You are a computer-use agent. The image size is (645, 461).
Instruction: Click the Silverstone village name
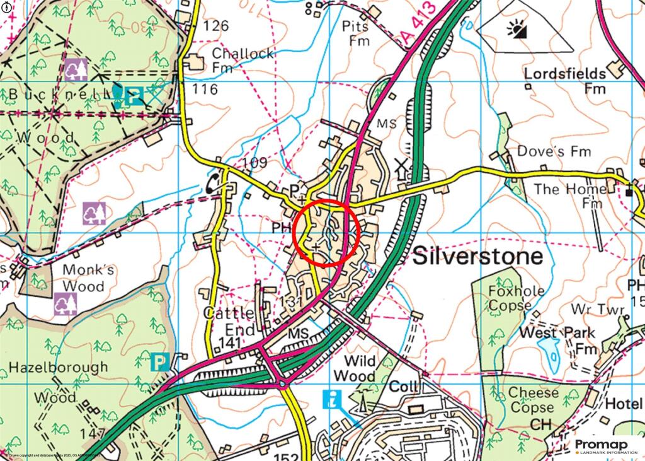point(477,257)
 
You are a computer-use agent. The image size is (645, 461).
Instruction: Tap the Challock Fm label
point(242,60)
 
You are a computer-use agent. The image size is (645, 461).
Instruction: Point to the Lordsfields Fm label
point(566,81)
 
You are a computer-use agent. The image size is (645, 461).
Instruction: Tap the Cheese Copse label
point(532,400)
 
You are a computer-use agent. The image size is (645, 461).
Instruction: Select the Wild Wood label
point(354,369)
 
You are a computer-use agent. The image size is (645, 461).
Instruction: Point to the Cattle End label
point(230,322)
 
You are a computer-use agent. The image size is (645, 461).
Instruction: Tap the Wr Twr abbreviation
point(597,310)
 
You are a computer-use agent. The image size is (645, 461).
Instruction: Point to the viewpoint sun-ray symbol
point(520,30)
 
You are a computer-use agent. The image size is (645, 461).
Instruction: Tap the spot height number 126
point(217,26)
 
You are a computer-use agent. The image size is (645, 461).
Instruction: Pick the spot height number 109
point(254,163)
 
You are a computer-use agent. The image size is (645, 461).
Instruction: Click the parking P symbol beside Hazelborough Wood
point(159,362)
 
